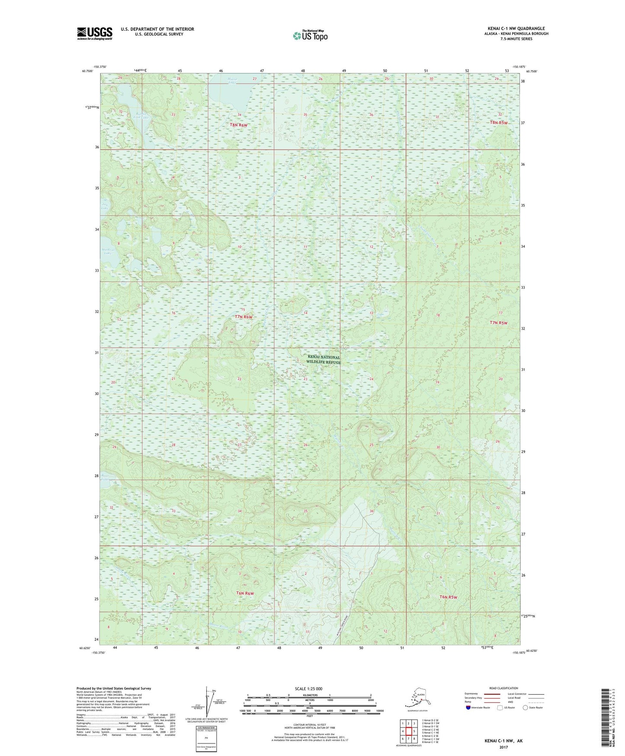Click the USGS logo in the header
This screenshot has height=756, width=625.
tap(94, 33)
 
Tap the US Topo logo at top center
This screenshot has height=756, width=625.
tap(310, 36)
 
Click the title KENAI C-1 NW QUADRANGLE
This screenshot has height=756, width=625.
tap(516, 29)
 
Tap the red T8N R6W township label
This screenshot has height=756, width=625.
tap(239, 125)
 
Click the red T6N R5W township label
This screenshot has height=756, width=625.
tap(448, 597)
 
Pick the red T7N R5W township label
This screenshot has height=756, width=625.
tap(498, 323)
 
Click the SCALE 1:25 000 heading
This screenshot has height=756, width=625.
tap(308, 688)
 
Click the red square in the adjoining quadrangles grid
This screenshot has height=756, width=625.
tap(408, 731)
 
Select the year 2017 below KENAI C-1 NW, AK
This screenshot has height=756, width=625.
tap(503, 747)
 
